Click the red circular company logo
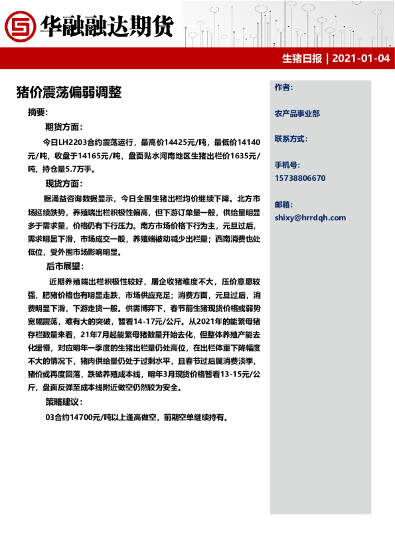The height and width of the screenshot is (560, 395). tap(20, 26)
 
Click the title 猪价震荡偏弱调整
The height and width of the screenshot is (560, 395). tap(68, 92)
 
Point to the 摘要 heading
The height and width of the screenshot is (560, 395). tap(38, 112)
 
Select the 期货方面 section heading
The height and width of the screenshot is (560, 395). tap(64, 127)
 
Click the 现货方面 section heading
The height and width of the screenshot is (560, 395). tap(64, 183)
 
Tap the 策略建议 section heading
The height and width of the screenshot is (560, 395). tap(64, 402)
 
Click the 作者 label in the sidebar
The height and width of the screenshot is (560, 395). tap(283, 87)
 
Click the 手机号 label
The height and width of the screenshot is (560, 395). tap(287, 164)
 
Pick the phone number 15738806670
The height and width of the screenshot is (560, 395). tap(300, 178)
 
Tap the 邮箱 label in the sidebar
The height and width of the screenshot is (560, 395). tap(283, 204)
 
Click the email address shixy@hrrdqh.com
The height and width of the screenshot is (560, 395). tap(310, 217)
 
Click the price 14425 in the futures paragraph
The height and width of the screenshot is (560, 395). tap(173, 142)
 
